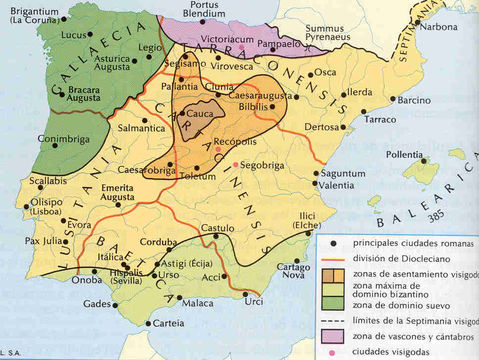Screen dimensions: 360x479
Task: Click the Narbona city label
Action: click(440, 27)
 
